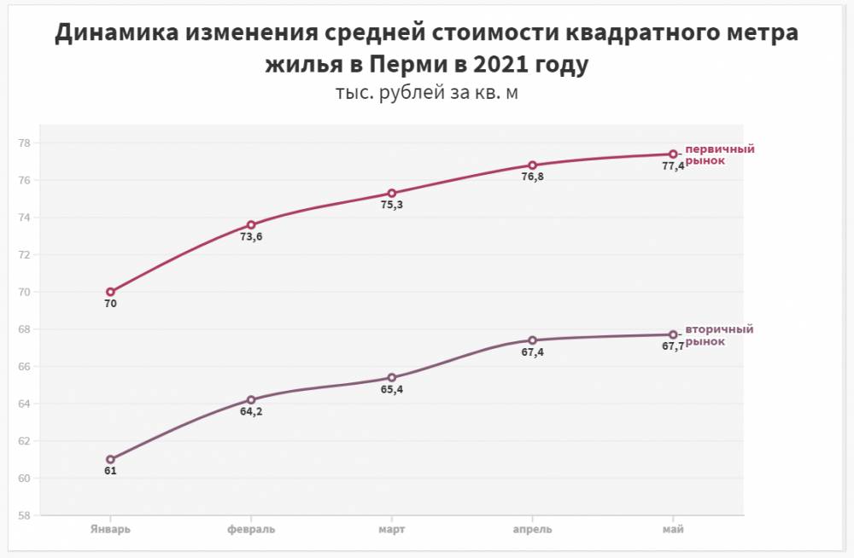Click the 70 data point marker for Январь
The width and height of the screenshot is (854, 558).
tap(110, 292)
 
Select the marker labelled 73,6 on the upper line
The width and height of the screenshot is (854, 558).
tap(251, 225)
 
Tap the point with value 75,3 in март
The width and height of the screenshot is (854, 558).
tap(392, 193)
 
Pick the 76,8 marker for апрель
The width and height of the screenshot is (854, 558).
tap(532, 166)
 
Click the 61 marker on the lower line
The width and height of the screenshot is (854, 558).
tap(110, 459)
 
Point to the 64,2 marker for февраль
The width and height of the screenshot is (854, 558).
tap(251, 399)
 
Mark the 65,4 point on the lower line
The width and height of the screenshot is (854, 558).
tap(392, 377)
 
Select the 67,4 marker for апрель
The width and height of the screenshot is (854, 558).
tap(532, 340)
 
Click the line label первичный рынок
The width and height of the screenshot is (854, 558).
tap(719, 154)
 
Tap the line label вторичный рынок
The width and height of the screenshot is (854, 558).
tap(718, 335)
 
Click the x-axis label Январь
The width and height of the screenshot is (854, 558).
tap(110, 529)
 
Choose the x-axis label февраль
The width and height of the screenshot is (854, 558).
tap(251, 529)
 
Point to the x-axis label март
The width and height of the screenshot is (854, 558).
tap(392, 529)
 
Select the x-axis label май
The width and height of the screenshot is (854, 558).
tap(673, 529)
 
